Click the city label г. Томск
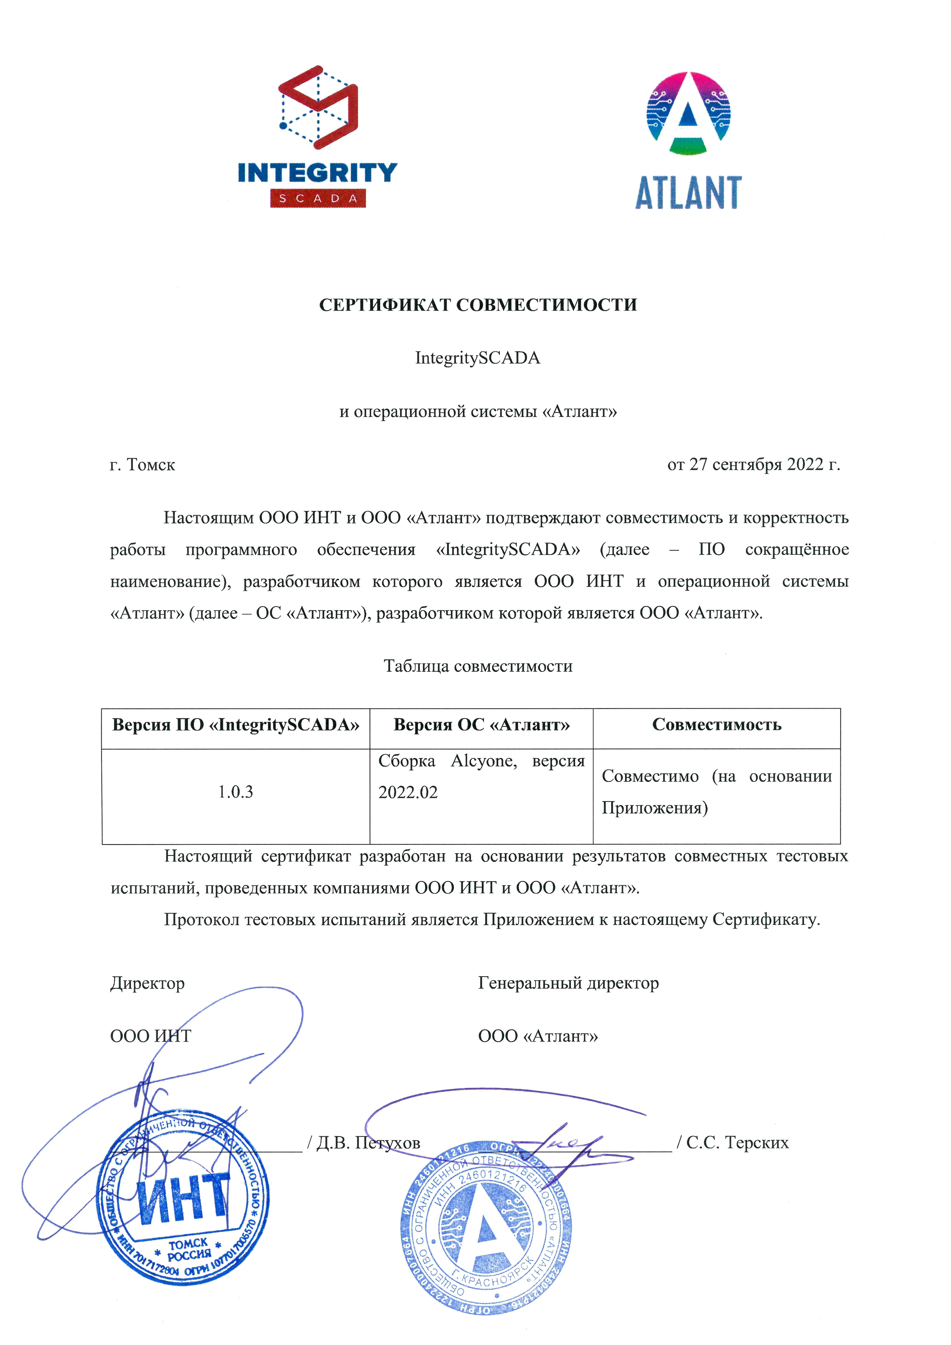142,465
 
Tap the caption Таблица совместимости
478,666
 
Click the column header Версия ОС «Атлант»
481,725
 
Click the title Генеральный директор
568,983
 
